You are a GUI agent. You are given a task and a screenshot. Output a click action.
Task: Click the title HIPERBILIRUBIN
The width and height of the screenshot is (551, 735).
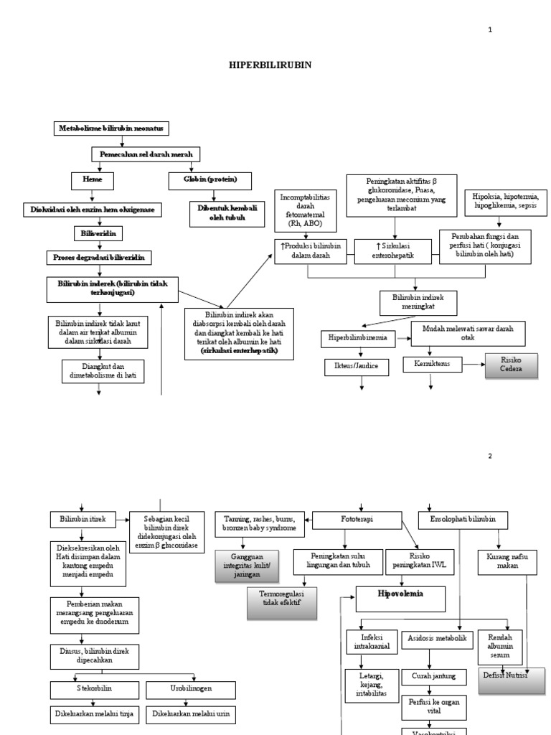(x=270, y=64)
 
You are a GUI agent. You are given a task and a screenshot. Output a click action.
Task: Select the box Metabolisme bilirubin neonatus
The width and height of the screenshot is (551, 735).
(x=111, y=128)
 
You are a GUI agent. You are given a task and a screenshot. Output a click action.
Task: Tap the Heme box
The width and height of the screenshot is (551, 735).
(x=92, y=179)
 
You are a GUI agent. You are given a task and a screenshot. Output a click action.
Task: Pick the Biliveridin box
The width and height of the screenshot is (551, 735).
(x=97, y=233)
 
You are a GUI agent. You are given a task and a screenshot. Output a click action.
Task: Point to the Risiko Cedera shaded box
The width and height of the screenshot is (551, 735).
(x=510, y=365)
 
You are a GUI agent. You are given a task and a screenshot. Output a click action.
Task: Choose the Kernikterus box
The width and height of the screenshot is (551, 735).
(x=432, y=364)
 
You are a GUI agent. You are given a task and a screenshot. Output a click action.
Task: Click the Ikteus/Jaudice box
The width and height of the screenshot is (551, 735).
(x=357, y=367)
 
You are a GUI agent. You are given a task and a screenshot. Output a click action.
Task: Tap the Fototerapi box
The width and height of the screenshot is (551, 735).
(x=356, y=518)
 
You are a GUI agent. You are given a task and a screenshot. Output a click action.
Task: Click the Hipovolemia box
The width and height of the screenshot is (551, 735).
(x=400, y=596)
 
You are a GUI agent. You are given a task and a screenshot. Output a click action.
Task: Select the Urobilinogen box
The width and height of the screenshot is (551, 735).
(x=189, y=690)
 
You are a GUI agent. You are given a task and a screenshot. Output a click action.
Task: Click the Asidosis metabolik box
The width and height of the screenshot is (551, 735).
(x=437, y=637)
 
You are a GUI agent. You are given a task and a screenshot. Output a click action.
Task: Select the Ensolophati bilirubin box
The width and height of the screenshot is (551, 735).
(x=463, y=518)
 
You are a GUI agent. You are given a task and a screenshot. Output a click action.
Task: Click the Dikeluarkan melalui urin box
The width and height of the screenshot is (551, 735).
(x=189, y=715)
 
